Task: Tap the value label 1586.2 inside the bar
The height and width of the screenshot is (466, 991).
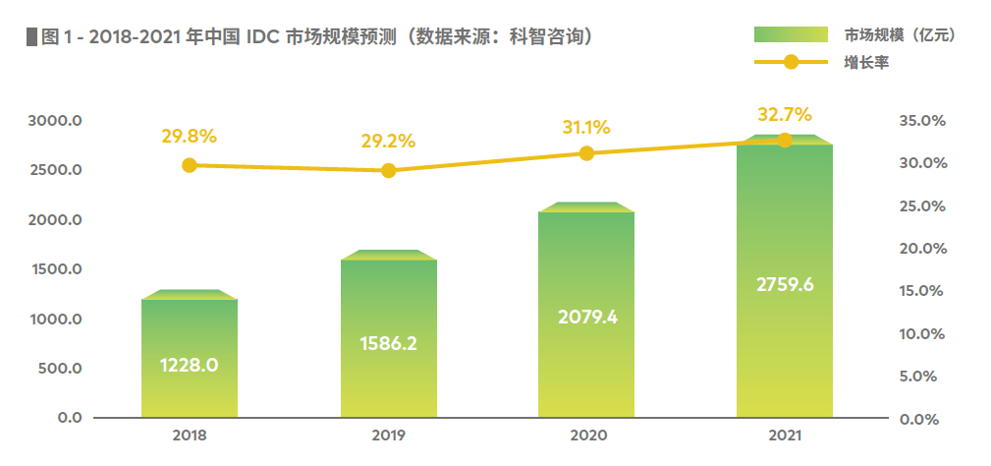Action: pyautogui.click(x=388, y=344)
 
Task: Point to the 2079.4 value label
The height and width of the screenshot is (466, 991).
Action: pyautogui.click(x=586, y=317)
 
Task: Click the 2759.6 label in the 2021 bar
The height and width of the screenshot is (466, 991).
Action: pyautogui.click(x=785, y=285)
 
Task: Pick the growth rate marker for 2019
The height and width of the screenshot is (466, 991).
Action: pyautogui.click(x=388, y=170)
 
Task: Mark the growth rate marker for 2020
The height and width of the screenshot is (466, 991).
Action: pyautogui.click(x=586, y=152)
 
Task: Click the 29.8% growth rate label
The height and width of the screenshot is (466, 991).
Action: pyautogui.click(x=190, y=136)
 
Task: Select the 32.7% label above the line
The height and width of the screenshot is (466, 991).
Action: pyautogui.click(x=785, y=112)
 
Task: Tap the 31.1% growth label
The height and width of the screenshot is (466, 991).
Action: pyautogui.click(x=586, y=127)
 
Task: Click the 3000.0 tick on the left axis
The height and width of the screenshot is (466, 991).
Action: pyautogui.click(x=56, y=121)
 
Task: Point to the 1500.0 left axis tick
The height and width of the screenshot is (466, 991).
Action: pyautogui.click(x=56, y=269)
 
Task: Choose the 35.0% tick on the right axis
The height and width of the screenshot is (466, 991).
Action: pyautogui.click(x=922, y=121)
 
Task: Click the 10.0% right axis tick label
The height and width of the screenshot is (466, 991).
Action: pyautogui.click(x=922, y=334)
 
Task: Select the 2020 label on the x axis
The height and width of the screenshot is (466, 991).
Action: pyautogui.click(x=586, y=435)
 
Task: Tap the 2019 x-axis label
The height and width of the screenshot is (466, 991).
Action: pyautogui.click(x=388, y=435)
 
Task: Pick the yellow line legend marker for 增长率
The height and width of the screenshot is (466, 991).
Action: pyautogui.click(x=792, y=63)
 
